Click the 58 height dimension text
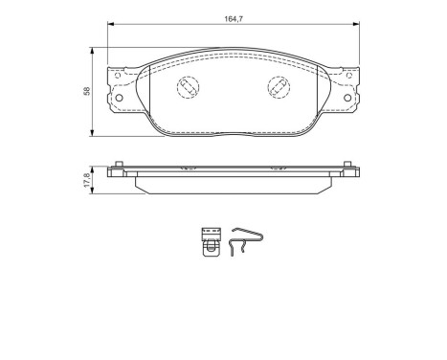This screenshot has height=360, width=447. [85, 92]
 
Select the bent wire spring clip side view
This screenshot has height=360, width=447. [244, 243]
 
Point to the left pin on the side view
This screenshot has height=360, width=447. [117, 166]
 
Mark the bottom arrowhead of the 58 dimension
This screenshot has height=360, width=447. [93, 132]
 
